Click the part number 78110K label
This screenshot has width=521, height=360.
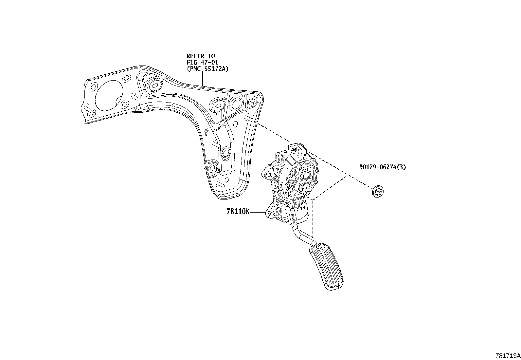[x=238, y=212]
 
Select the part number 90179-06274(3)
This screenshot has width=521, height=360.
[x=383, y=167]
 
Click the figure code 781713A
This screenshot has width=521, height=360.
[x=508, y=356]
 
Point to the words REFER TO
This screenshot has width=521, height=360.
[x=201, y=56]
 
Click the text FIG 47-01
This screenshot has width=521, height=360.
[x=202, y=63]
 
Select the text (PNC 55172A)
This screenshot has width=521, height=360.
[x=208, y=69]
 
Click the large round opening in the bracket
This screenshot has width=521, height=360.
[x=109, y=95]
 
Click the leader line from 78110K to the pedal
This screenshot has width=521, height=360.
[x=258, y=212]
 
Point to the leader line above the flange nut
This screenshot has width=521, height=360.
[x=377, y=179]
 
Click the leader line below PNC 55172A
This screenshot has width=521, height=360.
[x=202, y=79]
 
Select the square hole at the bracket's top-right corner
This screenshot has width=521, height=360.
[x=252, y=101]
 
